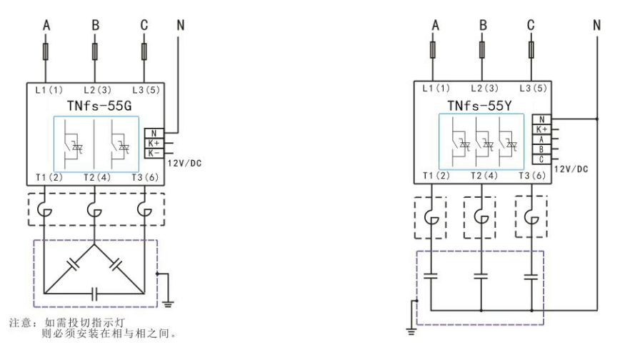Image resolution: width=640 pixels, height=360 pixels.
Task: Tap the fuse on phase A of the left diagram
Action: coord(46,52)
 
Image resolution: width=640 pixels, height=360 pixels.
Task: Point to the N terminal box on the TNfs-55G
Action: coord(154,132)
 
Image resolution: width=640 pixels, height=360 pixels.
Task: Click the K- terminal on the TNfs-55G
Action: coord(154,152)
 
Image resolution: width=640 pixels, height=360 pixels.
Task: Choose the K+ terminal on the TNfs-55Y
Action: coord(541,129)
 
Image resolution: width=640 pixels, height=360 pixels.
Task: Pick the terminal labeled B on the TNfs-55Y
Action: coord(541,150)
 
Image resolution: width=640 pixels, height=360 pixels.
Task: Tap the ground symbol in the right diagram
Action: coord(409,328)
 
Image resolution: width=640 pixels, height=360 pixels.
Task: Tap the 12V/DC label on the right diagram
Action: coord(571,169)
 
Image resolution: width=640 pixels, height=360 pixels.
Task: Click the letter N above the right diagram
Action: coord(597,25)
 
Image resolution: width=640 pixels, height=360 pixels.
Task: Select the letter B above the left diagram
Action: coord(95,25)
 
